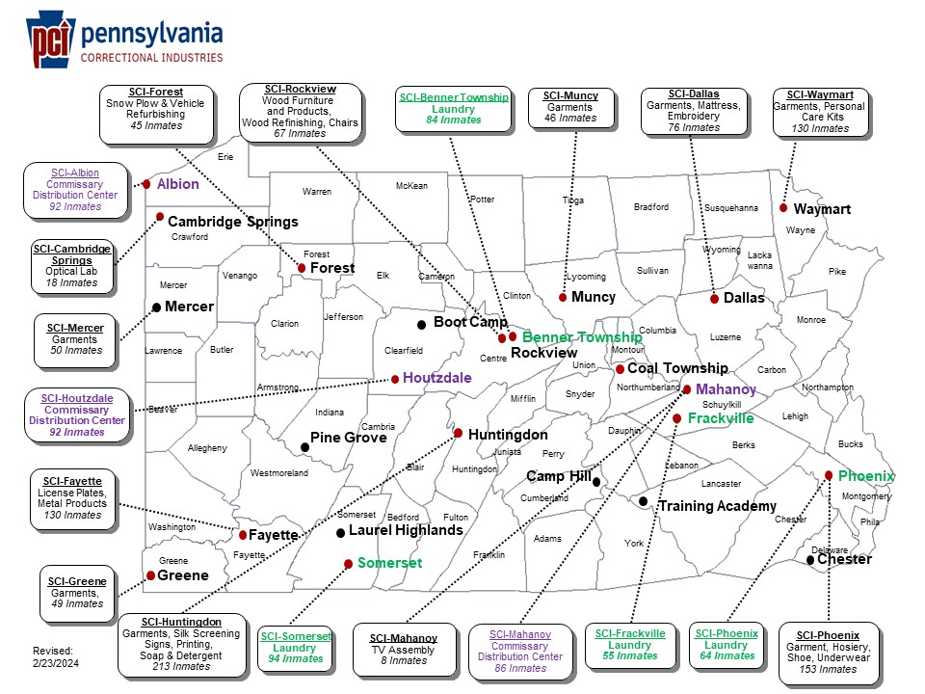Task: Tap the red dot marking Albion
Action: pos(146,184)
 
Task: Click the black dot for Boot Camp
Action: pos(421,324)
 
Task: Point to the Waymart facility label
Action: pos(822,209)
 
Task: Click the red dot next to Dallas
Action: pos(714,299)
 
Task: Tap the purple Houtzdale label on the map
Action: pos(437,378)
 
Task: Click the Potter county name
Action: pos(482,200)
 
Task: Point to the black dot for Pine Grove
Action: pos(304,446)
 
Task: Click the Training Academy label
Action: pos(717,506)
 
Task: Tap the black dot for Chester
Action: pos(810,560)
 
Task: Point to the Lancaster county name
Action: pos(721,484)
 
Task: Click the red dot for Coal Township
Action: pos(620,369)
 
